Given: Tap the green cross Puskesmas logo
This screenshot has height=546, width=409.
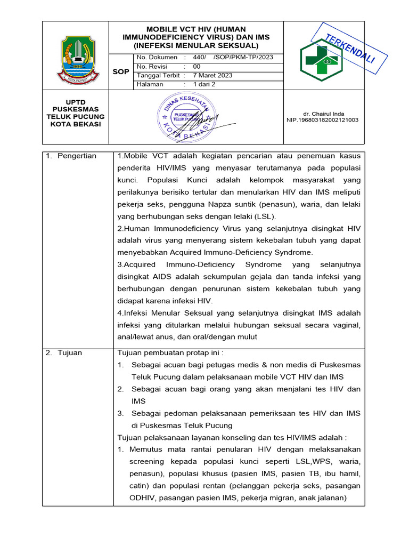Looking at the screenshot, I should (x=322, y=60).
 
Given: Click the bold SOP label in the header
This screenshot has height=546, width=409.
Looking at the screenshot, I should (x=121, y=71).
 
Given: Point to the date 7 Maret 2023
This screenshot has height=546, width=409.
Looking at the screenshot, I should (x=212, y=76).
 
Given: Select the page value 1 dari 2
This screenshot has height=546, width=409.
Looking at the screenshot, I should (x=204, y=84).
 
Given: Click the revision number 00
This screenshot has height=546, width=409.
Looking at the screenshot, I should (x=197, y=67).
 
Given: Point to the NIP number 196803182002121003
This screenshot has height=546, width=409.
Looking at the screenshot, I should (x=322, y=120).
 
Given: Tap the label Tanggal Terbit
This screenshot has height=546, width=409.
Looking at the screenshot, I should (x=158, y=76).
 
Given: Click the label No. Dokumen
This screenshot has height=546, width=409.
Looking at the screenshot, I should (x=157, y=58).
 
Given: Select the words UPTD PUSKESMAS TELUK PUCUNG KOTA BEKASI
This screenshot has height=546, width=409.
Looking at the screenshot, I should (x=76, y=113).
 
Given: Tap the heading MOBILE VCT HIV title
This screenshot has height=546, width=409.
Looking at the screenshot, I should (x=196, y=37).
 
